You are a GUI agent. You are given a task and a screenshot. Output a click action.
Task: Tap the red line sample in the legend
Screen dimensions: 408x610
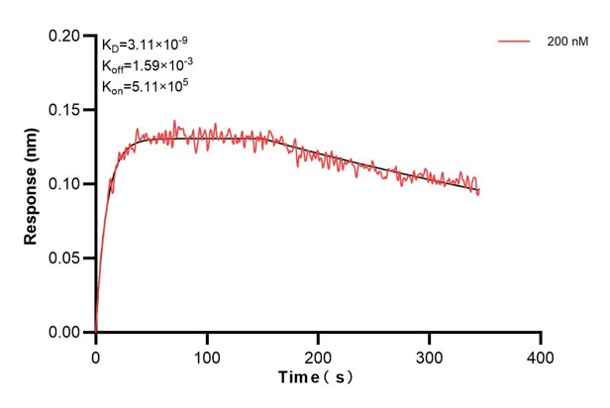(515, 43)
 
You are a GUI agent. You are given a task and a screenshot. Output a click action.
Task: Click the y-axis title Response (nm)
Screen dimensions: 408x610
(31, 183)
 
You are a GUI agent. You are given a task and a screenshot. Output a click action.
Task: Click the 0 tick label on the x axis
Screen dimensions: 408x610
(96, 354)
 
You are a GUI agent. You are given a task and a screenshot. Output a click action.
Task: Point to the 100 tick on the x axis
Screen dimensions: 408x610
(207, 354)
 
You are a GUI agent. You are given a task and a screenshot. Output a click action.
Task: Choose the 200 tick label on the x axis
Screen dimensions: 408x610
(318, 354)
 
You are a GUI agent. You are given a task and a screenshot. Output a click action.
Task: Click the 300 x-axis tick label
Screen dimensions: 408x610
(429, 354)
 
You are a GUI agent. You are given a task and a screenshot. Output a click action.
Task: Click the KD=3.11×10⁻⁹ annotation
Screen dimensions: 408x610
(146, 45)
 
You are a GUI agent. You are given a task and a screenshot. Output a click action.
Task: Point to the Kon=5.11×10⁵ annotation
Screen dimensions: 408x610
(145, 86)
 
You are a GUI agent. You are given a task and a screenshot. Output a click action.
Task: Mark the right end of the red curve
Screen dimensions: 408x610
(479, 192)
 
